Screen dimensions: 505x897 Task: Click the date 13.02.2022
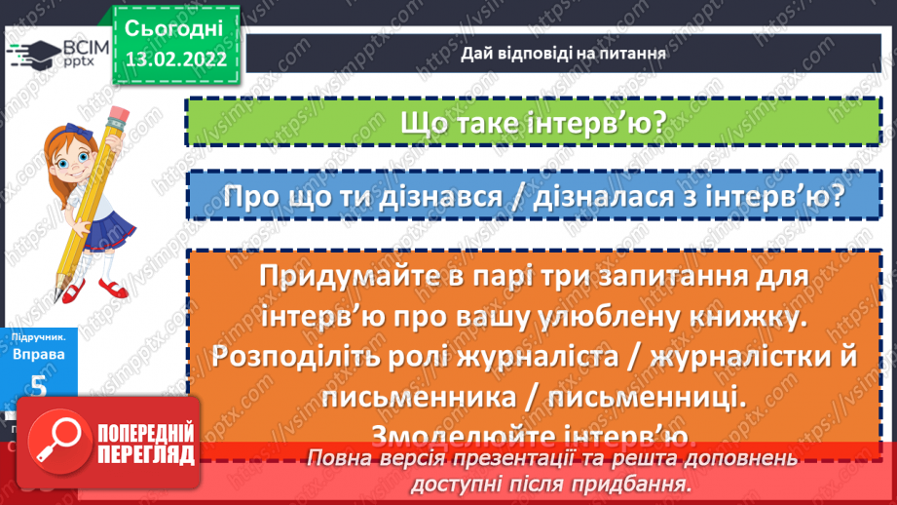(x=174, y=58)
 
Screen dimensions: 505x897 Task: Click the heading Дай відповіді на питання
(x=563, y=54)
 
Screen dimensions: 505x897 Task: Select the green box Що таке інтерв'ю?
(x=531, y=125)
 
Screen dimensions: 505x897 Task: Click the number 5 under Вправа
(x=38, y=387)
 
